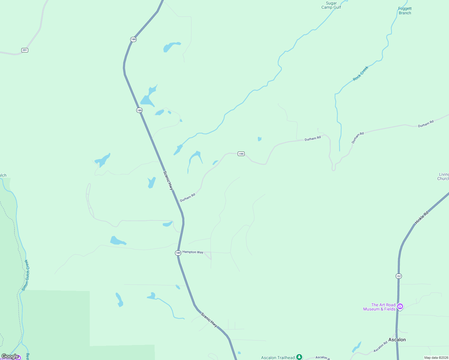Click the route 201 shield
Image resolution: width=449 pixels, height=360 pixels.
tap(25, 50)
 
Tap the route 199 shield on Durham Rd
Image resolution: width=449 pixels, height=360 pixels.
tap(241, 154)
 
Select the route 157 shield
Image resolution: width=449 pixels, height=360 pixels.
tap(399, 276)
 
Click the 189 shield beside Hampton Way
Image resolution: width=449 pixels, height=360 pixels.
tap(178, 253)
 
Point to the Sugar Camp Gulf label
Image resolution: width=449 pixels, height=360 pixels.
tap(331, 5)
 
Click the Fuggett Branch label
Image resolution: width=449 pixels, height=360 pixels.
tap(405, 11)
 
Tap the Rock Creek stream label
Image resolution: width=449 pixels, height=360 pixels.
tap(360, 73)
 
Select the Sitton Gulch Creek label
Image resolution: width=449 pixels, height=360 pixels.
tap(26, 275)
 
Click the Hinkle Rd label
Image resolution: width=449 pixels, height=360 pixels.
tap(422, 217)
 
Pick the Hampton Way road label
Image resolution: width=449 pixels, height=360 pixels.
tap(193, 252)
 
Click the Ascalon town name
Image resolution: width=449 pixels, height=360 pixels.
tap(397, 340)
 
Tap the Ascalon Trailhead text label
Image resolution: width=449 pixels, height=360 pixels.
tap(278, 358)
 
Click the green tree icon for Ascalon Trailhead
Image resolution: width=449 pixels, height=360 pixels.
tap(299, 357)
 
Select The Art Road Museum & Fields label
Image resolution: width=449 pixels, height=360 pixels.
tap(379, 307)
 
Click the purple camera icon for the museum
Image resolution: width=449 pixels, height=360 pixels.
tap(400, 306)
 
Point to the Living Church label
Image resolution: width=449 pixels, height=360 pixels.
tap(444, 176)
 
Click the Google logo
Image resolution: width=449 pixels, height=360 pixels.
tap(10, 356)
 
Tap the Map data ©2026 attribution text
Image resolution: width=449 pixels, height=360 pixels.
tap(436, 358)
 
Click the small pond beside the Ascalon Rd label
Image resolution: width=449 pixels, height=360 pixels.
tap(357, 347)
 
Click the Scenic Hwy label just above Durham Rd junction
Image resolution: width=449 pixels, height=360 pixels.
tap(168, 180)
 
